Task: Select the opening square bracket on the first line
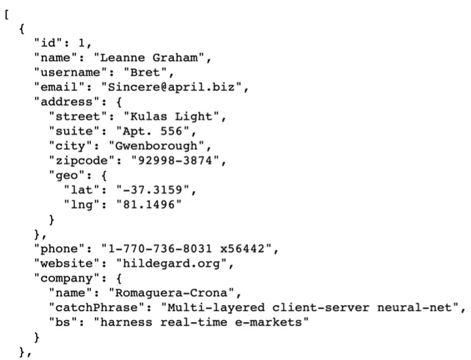point(6,15)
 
